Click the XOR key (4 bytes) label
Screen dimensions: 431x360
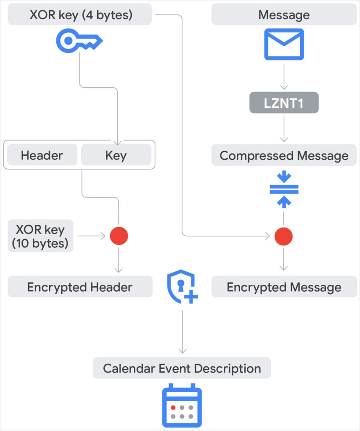80,15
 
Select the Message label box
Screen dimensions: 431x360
284,15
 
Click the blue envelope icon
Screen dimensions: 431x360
284,44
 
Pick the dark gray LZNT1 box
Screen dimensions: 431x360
284,103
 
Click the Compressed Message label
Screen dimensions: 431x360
284,156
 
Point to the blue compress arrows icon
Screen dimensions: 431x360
284,189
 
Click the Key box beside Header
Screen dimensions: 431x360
116,155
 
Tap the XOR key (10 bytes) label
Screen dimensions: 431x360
40,236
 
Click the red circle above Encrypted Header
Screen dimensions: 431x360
119,236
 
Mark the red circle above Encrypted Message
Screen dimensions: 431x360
284,236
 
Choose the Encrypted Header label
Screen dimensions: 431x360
80,287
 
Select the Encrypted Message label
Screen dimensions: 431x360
284,287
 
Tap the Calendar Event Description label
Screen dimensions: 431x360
182,368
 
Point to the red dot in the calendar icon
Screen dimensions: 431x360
173,407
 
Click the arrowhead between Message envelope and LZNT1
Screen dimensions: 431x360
284,87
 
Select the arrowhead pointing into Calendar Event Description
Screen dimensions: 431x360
182,351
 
